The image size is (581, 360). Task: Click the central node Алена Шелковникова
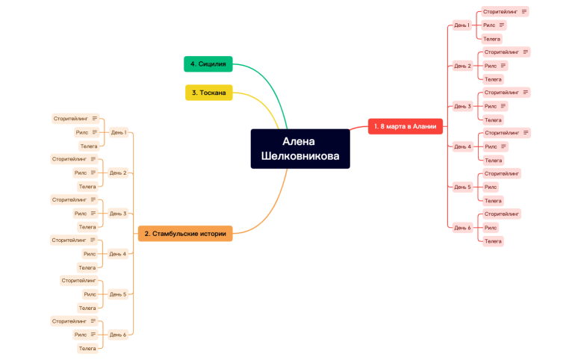click(300, 149)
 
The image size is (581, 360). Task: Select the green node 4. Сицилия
click(208, 63)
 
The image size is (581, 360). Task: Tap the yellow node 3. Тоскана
click(209, 93)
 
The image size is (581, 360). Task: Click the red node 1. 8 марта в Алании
click(406, 126)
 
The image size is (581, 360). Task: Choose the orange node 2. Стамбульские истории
click(185, 234)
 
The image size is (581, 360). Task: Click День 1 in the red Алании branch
click(462, 25)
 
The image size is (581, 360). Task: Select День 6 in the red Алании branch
click(462, 228)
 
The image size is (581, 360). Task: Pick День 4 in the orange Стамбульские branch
click(118, 254)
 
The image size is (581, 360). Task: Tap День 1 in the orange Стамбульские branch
click(119, 132)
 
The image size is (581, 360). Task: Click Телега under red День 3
click(493, 120)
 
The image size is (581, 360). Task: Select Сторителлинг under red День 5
click(502, 173)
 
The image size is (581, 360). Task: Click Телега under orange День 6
click(87, 349)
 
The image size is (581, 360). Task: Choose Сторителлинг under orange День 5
click(78, 281)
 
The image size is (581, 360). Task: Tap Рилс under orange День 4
click(90, 254)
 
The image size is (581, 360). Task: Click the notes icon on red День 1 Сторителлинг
click(524, 11)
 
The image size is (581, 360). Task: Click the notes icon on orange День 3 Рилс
click(93, 213)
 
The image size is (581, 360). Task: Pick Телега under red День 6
click(493, 241)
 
